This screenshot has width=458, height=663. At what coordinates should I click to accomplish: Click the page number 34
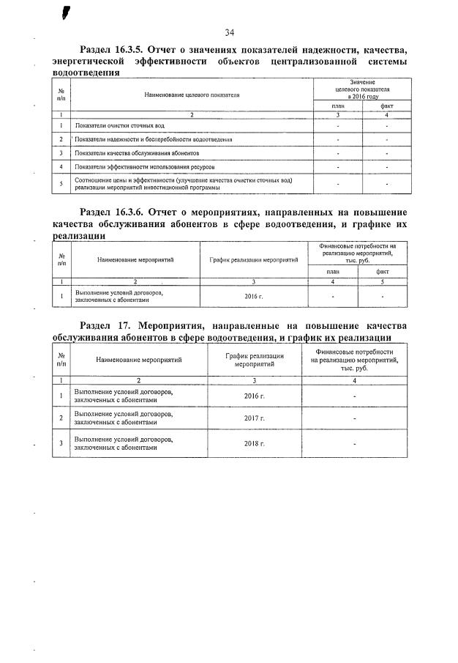coord(229,32)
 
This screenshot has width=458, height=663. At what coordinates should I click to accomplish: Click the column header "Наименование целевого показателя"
coord(192,95)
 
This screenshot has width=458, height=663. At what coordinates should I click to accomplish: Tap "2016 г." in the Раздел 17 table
coord(254,396)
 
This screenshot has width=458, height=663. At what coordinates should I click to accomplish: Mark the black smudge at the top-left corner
coord(67,11)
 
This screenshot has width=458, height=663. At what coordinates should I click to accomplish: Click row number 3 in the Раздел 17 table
coord(61,444)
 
